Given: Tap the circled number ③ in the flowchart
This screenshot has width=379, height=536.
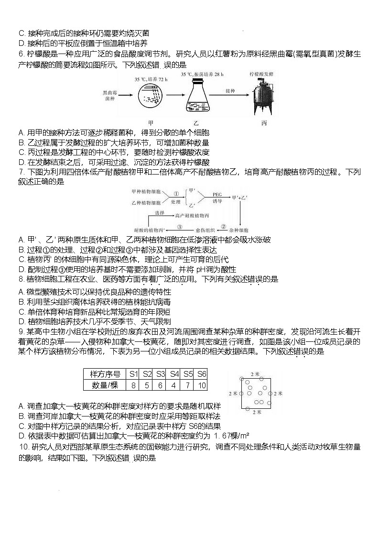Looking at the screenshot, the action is [180, 227].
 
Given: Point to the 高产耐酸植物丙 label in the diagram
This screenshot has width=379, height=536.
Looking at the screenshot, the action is [193, 216].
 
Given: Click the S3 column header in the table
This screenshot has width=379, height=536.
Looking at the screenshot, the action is [161, 374].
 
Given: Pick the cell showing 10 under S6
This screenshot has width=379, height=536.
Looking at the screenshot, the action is [202, 385].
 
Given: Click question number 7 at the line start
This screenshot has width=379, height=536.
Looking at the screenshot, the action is [21, 172].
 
